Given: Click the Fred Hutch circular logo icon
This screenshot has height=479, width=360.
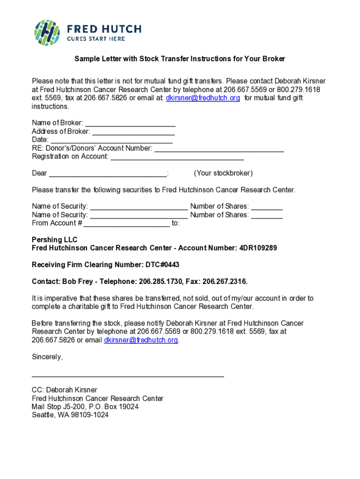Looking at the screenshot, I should [47, 33].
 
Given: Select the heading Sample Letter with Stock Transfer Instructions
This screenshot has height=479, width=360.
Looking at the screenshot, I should [180, 59].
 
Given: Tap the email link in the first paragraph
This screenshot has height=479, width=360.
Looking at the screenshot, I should [203, 98].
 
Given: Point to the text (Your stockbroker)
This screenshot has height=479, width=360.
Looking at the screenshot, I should [223, 174].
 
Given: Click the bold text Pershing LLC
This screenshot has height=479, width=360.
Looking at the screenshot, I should [54, 239].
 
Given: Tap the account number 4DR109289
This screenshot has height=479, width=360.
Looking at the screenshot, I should [258, 248].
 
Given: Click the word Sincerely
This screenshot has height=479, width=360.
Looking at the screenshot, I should [47, 357].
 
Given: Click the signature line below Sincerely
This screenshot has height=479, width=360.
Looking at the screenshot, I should [128, 376].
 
